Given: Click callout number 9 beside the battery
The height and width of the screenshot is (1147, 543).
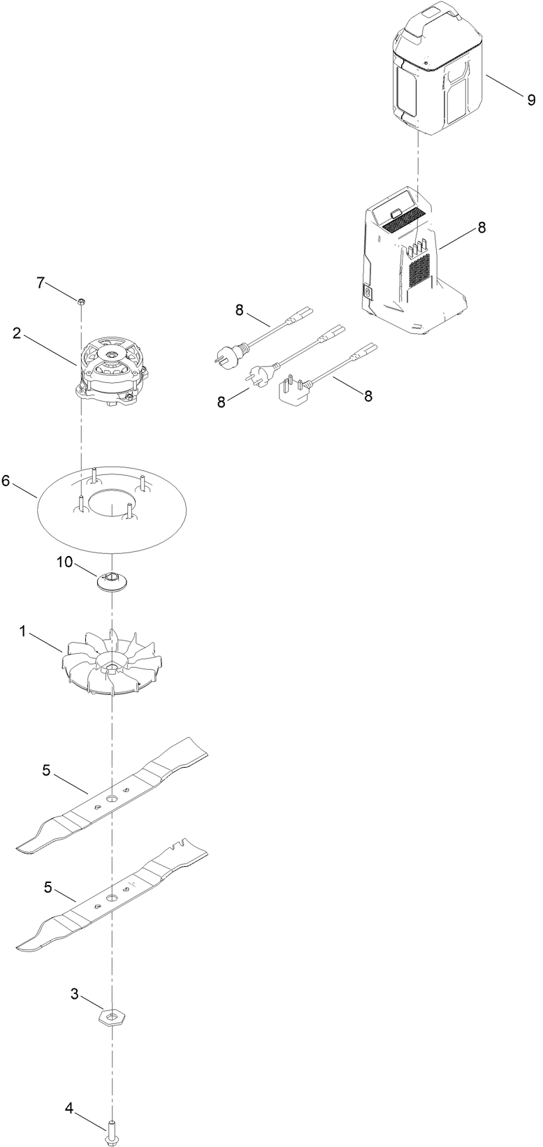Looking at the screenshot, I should (x=531, y=99).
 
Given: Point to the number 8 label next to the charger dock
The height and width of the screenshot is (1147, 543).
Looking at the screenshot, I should (x=482, y=228).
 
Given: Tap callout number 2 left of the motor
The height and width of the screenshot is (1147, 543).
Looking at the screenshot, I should (x=16, y=333).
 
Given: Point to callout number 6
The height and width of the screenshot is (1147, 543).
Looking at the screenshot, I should (x=6, y=481).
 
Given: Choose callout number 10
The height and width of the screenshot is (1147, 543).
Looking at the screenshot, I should (x=64, y=563).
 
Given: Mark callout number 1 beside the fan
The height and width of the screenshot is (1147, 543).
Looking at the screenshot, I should (x=23, y=631).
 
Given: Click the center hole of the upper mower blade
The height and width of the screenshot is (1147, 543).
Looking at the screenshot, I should (x=112, y=797).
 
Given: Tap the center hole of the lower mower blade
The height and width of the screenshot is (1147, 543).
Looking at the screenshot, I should (x=112, y=897).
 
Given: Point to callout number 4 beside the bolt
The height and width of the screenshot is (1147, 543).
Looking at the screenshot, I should (x=69, y=1108).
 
